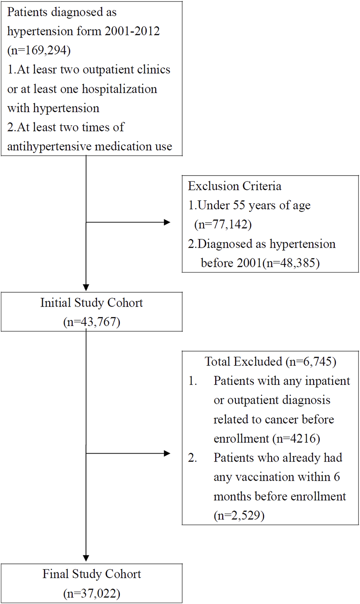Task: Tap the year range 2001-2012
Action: [132, 31]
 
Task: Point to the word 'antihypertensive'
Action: [49, 147]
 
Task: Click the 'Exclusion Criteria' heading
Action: [235, 186]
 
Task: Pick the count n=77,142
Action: [223, 224]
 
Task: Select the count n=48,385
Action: [291, 263]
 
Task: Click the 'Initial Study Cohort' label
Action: [92, 302]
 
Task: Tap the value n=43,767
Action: [92, 322]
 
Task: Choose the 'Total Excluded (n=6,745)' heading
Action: [270, 362]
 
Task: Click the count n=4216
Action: [296, 438]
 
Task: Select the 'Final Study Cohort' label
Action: [92, 574]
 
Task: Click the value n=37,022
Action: [92, 593]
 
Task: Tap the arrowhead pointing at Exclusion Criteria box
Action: [167, 222]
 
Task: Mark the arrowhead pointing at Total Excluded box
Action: [167, 454]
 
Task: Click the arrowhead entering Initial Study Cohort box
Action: [86, 288]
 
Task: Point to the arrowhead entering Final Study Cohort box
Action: [86, 558]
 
